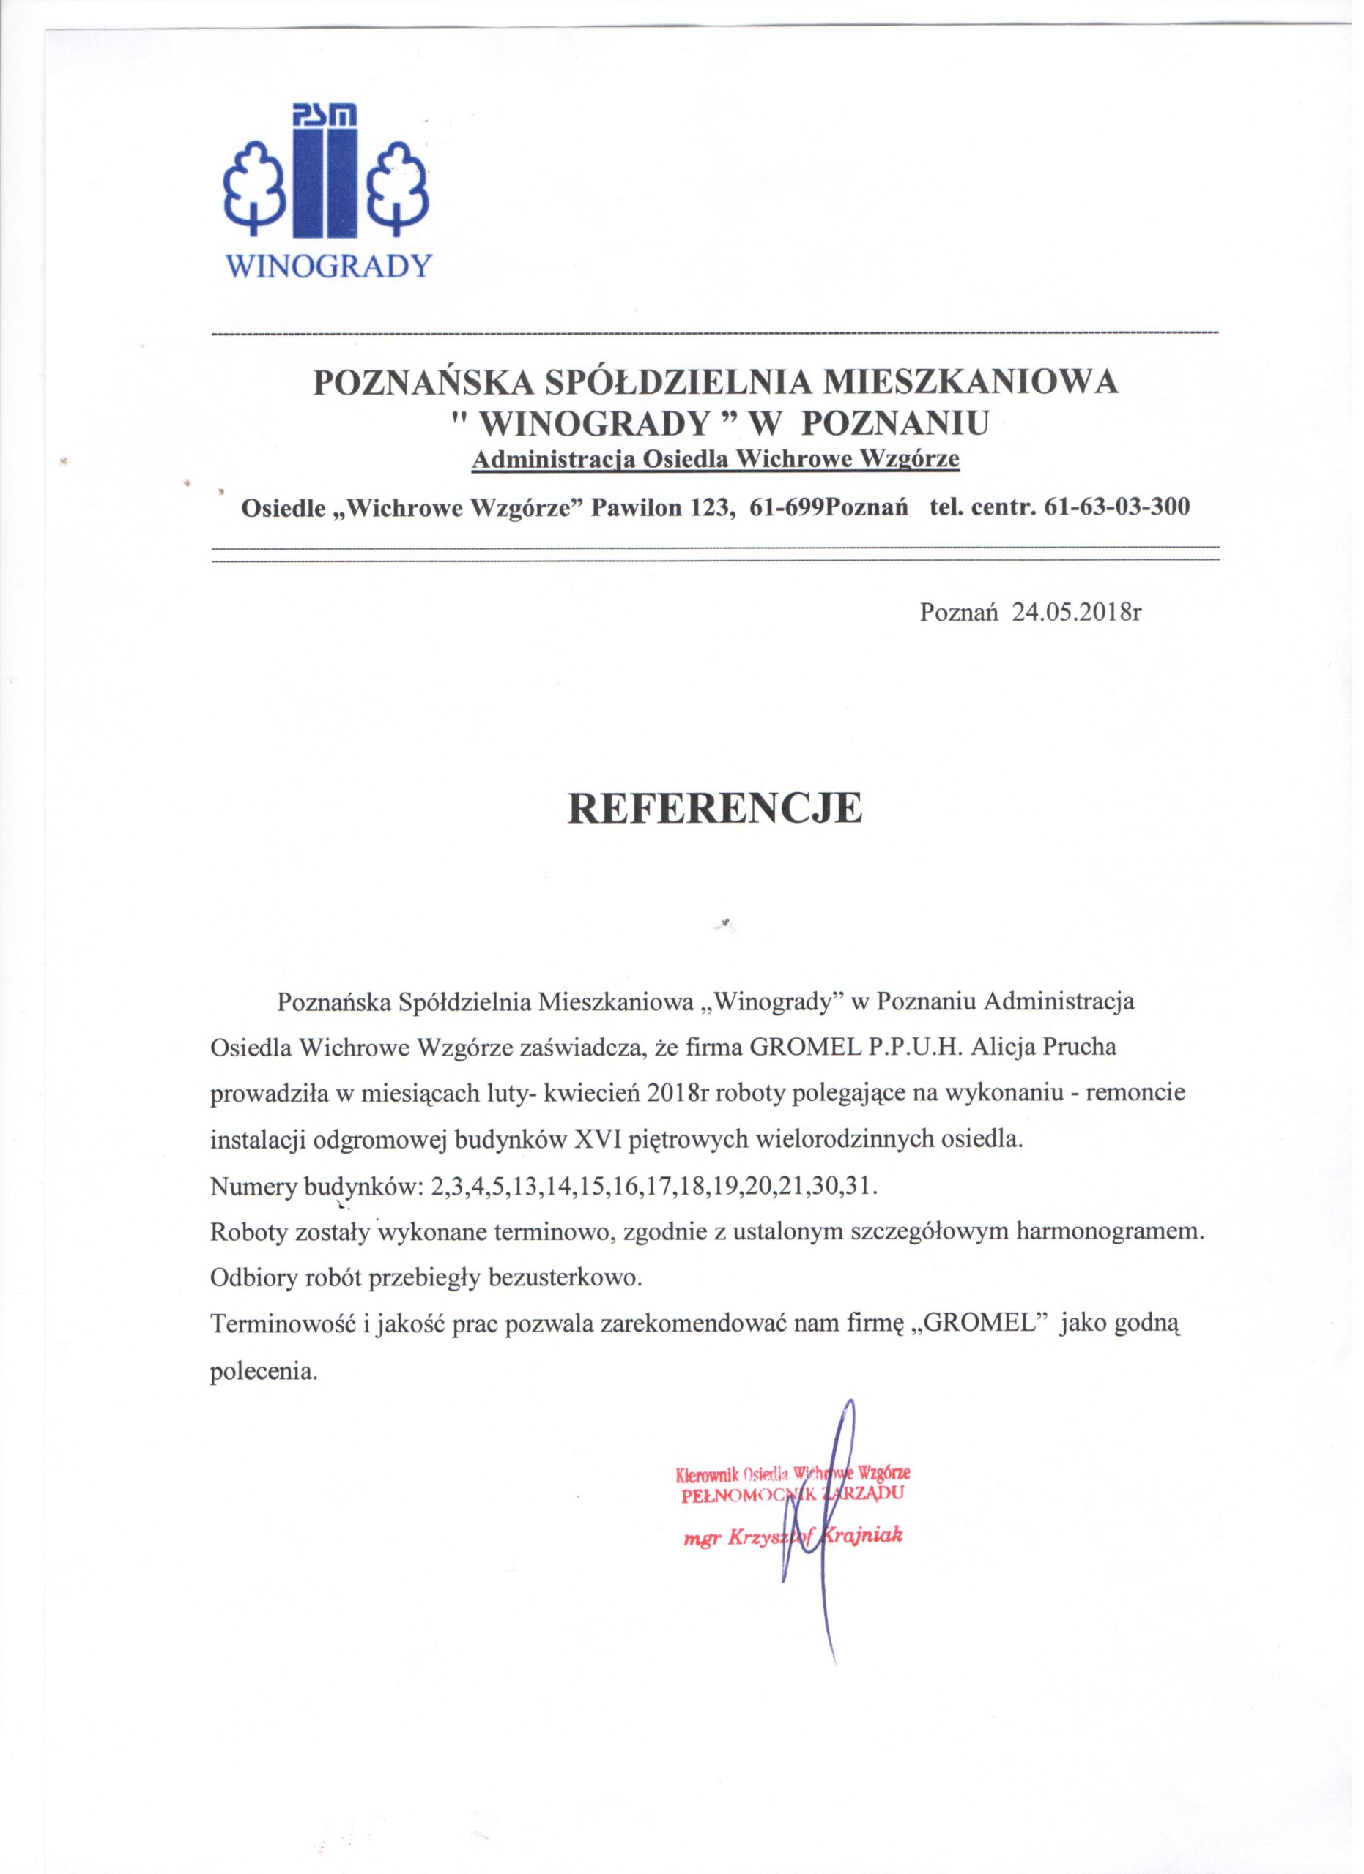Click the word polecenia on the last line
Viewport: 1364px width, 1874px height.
(264, 1372)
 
